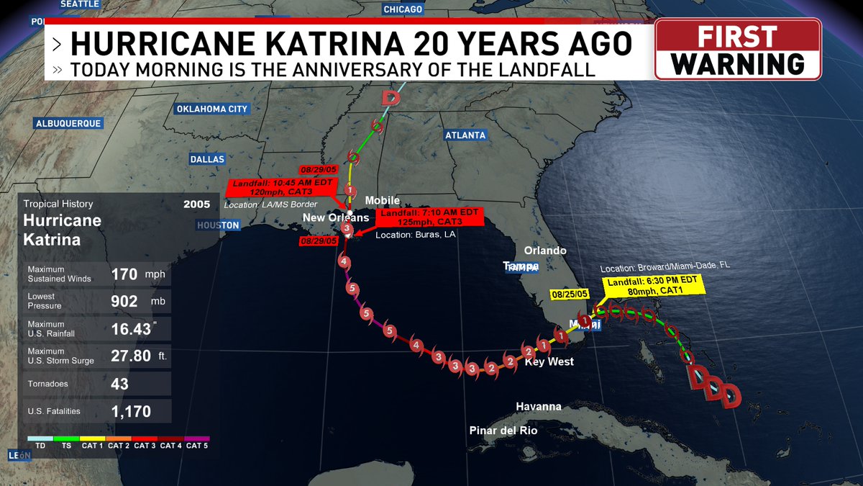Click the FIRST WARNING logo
[738, 49]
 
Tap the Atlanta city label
[465, 135]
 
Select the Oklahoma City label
[211, 109]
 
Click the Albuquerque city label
[68, 123]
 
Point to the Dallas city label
[207, 159]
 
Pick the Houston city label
[218, 225]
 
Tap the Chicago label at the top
[403, 9]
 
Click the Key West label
[549, 361]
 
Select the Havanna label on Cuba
[539, 407]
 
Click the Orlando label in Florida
[545, 251]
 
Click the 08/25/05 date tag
[570, 294]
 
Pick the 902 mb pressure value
[124, 301]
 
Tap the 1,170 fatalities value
[131, 412]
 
